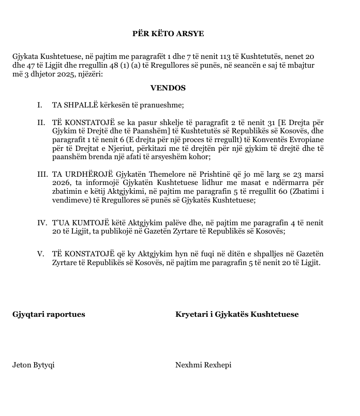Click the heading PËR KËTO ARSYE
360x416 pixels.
click(168, 34)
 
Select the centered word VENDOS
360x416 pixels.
click(168, 88)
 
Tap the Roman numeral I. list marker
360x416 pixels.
click(40, 105)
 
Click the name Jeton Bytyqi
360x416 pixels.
click(33, 365)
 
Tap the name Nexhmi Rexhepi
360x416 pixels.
click(203, 365)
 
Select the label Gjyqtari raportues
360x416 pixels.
click(49, 314)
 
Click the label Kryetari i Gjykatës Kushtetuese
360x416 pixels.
click(237, 314)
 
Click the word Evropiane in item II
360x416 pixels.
click(308, 140)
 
